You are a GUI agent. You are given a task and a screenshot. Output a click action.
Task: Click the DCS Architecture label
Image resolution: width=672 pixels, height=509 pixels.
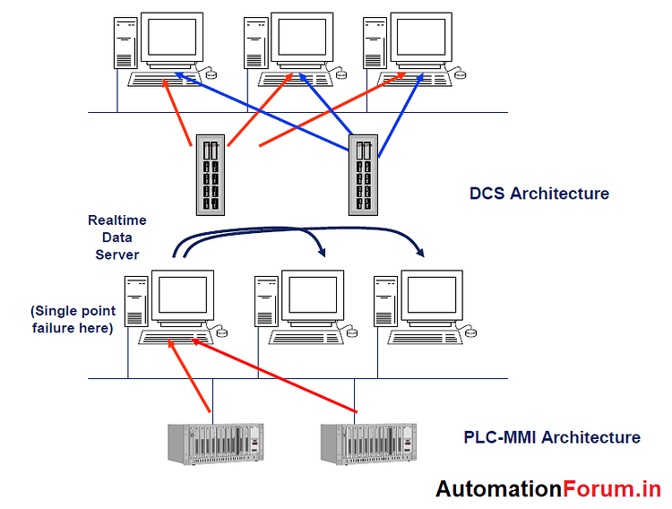pos(538,194)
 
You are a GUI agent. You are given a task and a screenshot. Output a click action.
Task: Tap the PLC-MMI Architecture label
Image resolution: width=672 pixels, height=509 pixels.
pos(551,437)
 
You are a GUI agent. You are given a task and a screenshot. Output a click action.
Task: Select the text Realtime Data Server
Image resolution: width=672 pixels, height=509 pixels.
pos(116,237)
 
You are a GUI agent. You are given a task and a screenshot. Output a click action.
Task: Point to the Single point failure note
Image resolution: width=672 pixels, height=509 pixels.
pos(73,320)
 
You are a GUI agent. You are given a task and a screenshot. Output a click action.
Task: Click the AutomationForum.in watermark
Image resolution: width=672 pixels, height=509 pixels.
pos(547,488)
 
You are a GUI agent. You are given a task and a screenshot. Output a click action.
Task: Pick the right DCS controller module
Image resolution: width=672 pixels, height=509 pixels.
pos(363,177)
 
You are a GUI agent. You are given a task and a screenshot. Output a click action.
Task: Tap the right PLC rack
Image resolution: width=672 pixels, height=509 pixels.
pos(368,442)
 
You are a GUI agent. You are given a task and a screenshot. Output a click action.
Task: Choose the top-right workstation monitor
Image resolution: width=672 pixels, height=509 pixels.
pos(422,38)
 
